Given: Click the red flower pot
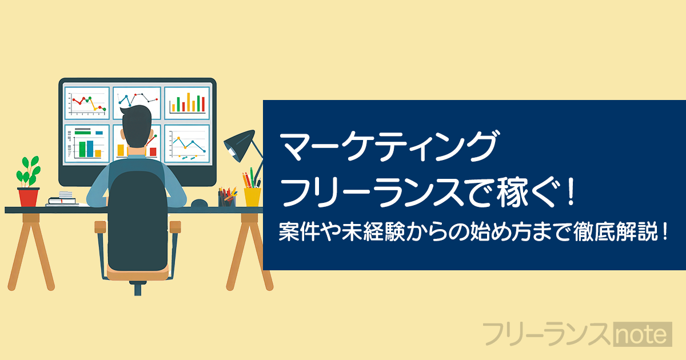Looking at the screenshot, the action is click(29, 197).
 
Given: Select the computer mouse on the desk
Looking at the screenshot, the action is click(200, 203).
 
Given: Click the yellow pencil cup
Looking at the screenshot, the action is click(252, 197).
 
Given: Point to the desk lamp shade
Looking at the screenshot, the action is click(240, 145).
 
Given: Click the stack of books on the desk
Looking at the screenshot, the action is click(62, 199).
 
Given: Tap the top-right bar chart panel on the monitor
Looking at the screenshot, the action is click(187, 103).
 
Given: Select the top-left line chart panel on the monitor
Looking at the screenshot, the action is click(87, 103).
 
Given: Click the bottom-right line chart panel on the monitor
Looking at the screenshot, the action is click(187, 143).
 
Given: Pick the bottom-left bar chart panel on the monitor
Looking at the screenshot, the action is click(87, 143).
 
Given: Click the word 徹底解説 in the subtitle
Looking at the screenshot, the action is click(616, 232).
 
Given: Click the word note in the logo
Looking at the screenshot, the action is click(643, 334).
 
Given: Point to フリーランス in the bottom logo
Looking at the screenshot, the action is click(547, 334).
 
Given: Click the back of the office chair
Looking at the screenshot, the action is click(138, 221).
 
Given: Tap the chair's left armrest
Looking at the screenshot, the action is click(100, 227).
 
